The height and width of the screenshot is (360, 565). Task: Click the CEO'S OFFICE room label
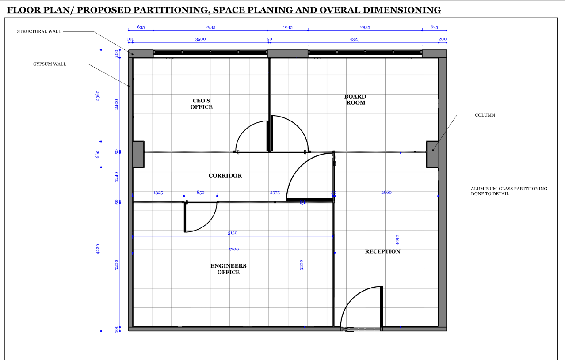[x=202, y=104]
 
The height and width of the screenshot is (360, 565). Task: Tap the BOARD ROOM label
[x=355, y=99]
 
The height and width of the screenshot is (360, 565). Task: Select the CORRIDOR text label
[x=225, y=176]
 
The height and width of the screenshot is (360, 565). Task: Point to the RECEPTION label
[x=382, y=251]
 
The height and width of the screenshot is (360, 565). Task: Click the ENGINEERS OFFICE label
[x=228, y=269]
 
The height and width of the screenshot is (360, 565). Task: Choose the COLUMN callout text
[x=485, y=115]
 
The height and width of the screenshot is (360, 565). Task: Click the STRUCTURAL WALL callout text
[x=39, y=31]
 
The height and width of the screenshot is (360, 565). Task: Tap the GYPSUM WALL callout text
[x=50, y=64]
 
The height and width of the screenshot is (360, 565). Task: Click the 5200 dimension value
[x=233, y=250]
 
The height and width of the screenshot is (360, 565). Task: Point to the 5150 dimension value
[x=233, y=233]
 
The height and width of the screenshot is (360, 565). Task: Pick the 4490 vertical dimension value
[x=397, y=240]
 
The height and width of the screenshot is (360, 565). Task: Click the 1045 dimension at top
[x=287, y=27]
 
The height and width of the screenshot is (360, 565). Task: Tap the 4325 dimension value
[x=354, y=39]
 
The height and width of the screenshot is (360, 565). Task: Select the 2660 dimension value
[x=386, y=193]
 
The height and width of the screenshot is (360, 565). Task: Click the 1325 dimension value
[x=158, y=193]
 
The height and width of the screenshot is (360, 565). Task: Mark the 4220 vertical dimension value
[x=98, y=249]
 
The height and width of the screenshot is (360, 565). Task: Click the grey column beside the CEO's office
[x=138, y=154]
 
